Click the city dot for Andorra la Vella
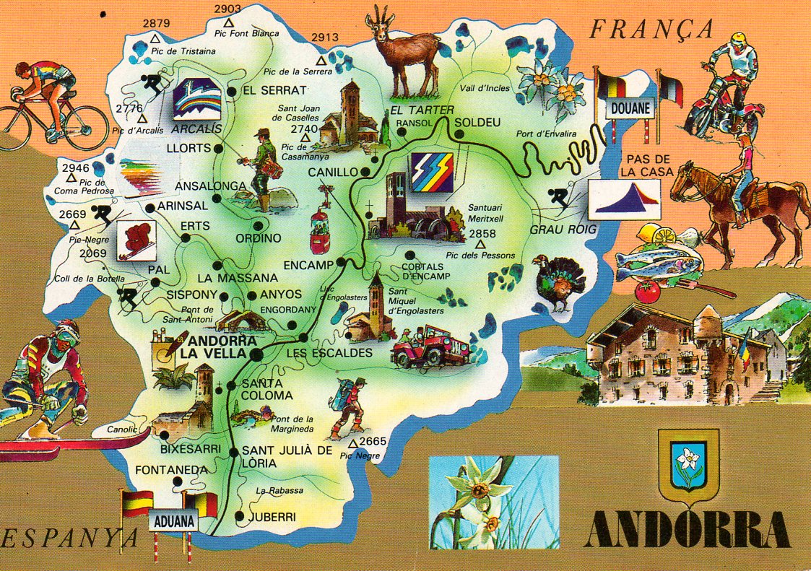tap(258, 354)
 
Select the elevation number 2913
tap(325, 38)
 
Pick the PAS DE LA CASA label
tap(650, 165)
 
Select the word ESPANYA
tap(69, 538)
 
